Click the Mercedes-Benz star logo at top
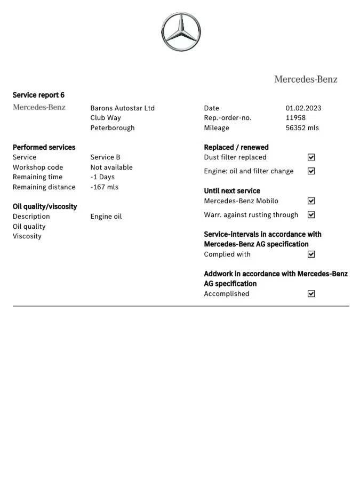(x=181, y=32)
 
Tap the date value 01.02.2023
(x=303, y=108)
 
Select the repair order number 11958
(x=295, y=118)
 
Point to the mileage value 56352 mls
(x=302, y=128)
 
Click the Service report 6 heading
(x=38, y=95)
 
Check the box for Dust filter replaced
(x=311, y=157)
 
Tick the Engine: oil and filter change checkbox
(x=311, y=171)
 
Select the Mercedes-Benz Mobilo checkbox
(x=311, y=201)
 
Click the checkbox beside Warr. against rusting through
(x=311, y=215)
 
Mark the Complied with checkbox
(x=311, y=254)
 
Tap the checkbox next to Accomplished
(x=311, y=294)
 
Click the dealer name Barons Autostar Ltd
(x=122, y=108)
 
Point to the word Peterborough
(x=112, y=128)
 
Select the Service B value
(x=105, y=157)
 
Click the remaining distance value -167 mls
(x=104, y=187)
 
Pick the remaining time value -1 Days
(x=102, y=177)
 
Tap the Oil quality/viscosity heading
(x=45, y=206)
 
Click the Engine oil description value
(x=106, y=217)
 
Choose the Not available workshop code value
(x=111, y=167)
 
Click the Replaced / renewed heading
(x=236, y=147)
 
